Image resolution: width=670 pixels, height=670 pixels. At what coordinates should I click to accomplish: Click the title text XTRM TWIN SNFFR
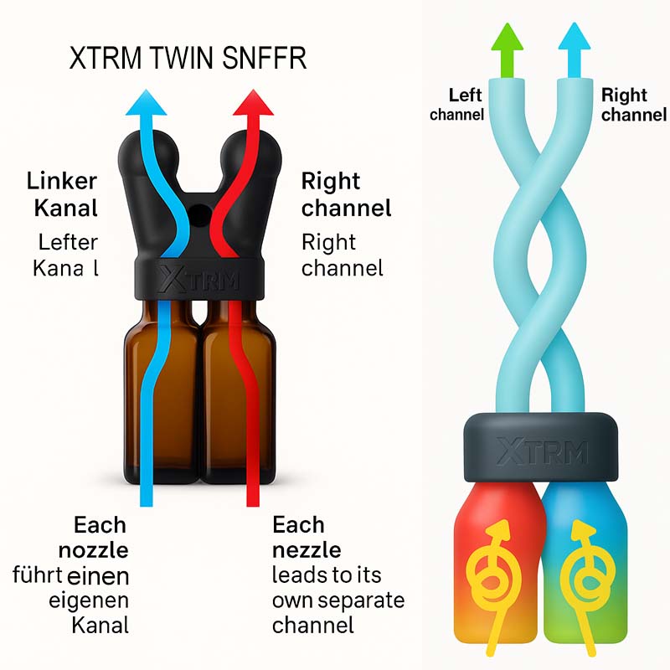(187, 59)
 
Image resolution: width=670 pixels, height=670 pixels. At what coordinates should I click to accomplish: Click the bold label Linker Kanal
(63, 193)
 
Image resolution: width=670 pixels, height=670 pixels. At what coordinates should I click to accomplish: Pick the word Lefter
(68, 242)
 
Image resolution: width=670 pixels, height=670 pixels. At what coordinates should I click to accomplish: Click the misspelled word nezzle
(307, 550)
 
